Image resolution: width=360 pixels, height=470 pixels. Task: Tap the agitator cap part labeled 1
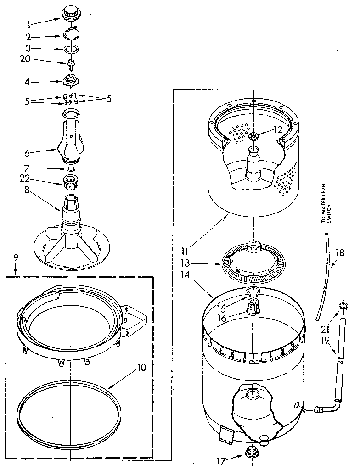pyautogui.click(x=70, y=13)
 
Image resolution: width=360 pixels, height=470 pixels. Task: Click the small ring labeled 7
pyautogui.click(x=70, y=169)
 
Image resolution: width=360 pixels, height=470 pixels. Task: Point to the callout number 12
pyautogui.click(x=277, y=130)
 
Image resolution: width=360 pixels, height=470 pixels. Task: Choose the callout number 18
pyautogui.click(x=340, y=252)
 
